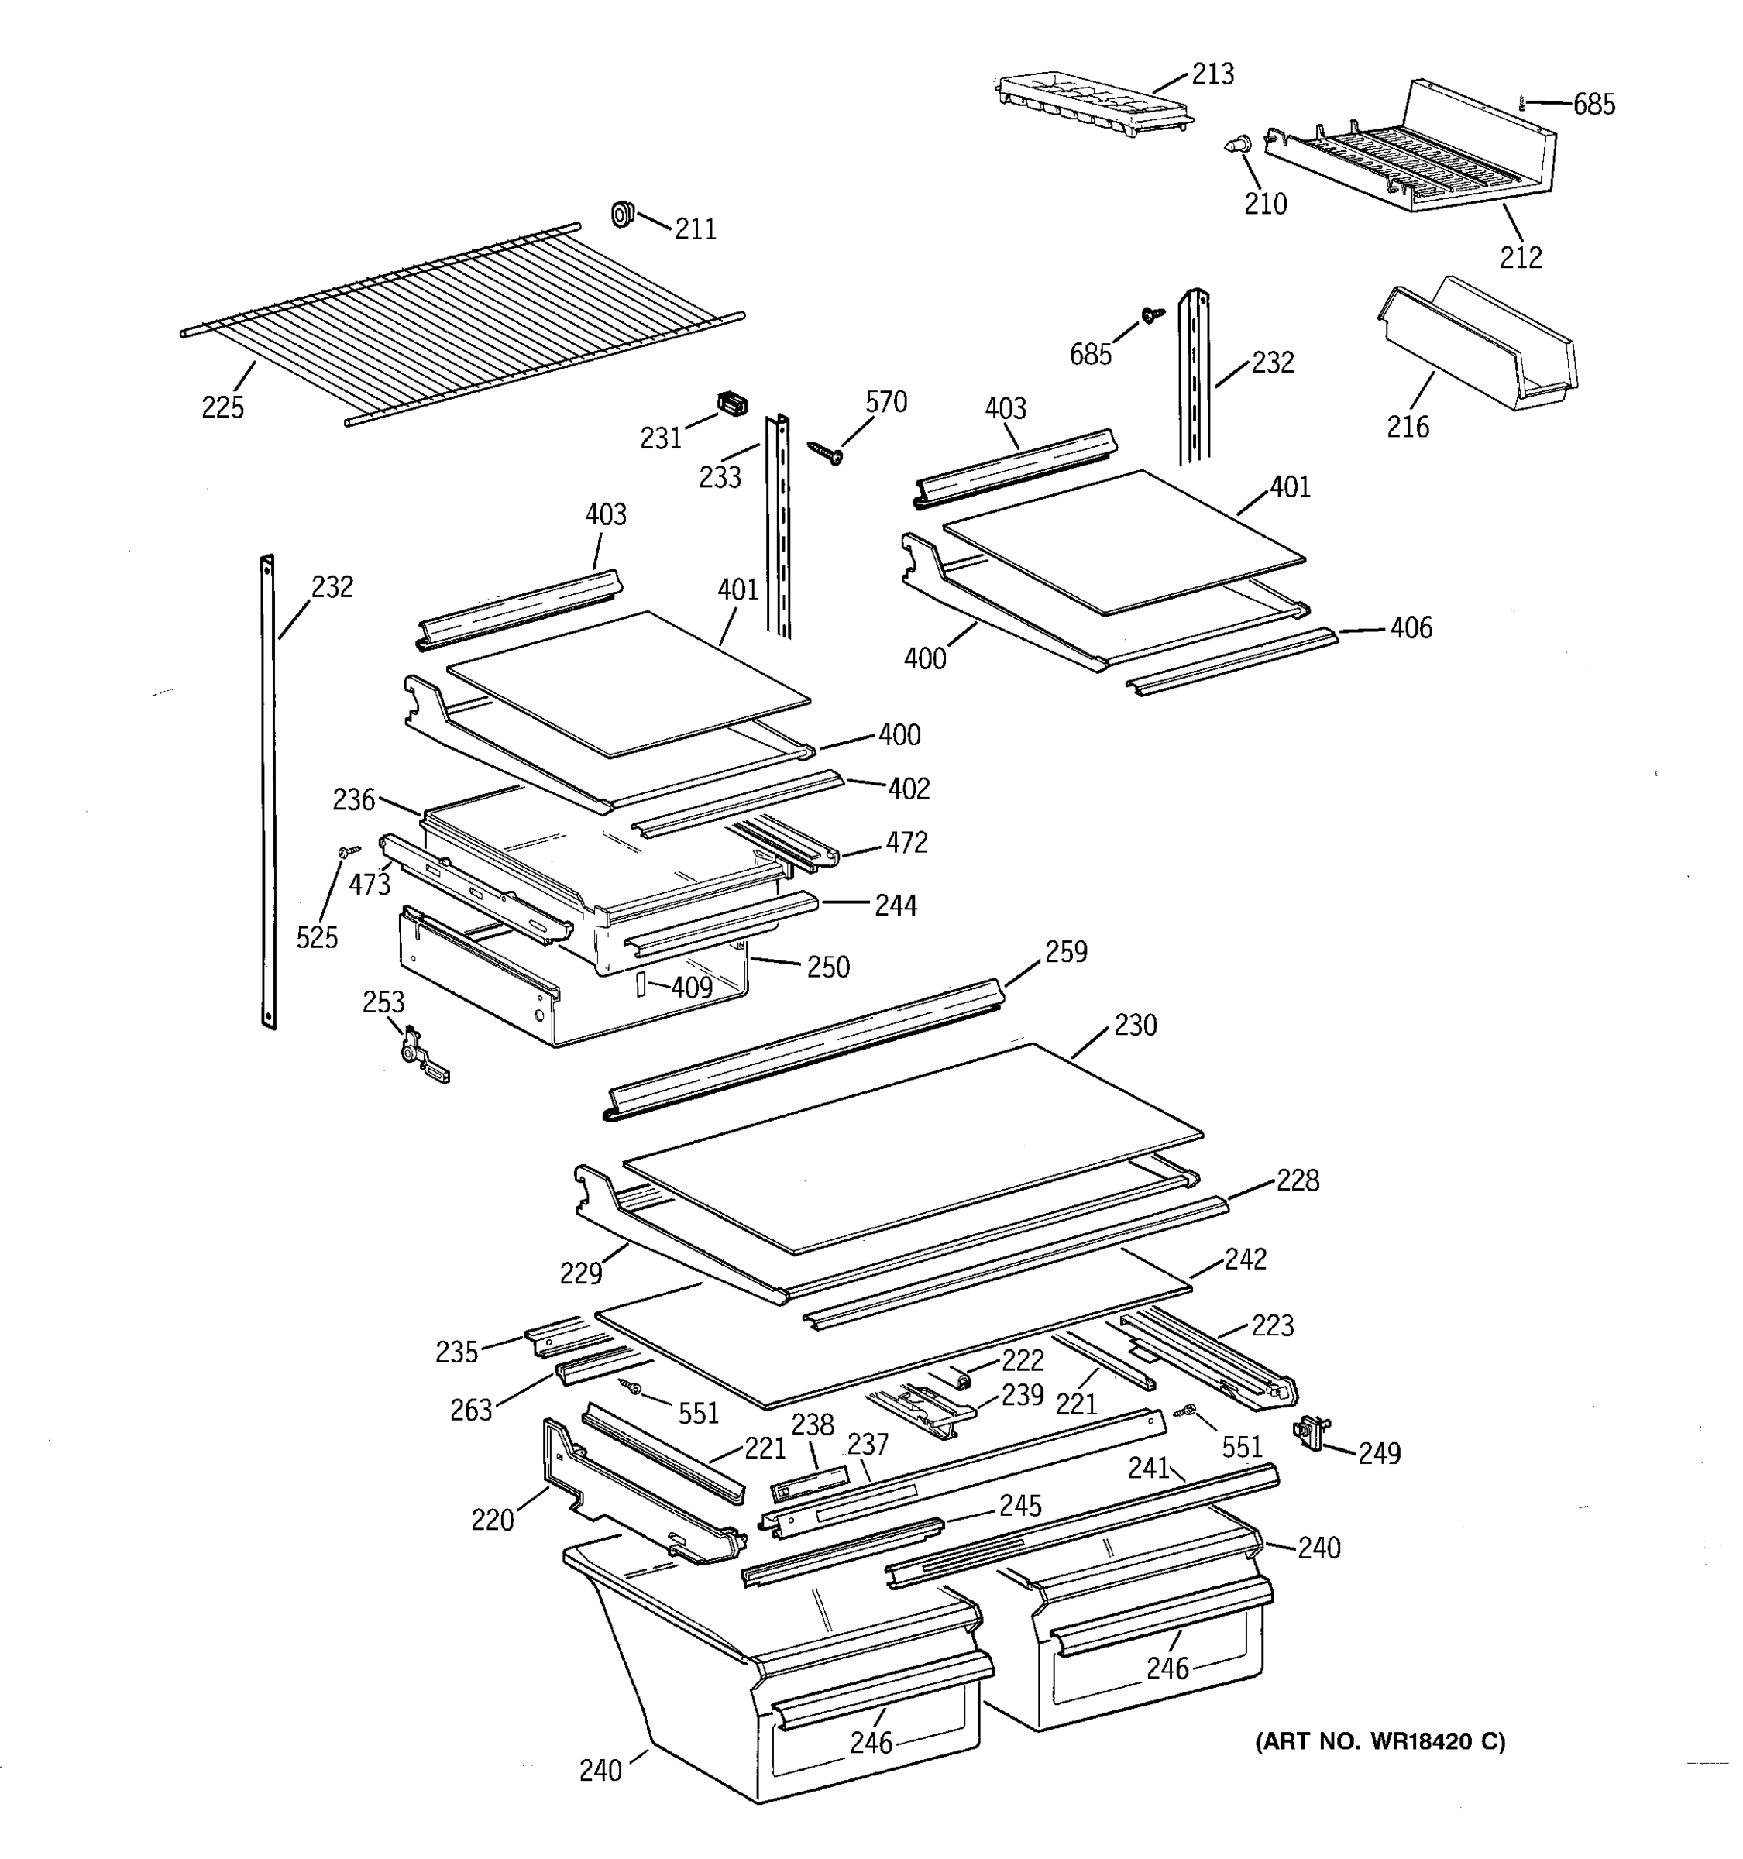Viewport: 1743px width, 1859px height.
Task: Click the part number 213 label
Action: point(1213,74)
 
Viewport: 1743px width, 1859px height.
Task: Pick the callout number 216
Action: point(1408,427)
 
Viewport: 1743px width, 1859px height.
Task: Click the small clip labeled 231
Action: point(733,405)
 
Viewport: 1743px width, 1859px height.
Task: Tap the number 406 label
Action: point(1410,627)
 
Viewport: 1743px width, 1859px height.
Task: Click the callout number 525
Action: point(317,937)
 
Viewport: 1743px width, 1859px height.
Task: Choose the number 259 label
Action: point(1066,951)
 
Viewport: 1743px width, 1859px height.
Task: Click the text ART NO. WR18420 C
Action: point(1379,1741)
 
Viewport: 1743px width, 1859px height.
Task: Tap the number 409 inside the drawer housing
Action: point(691,987)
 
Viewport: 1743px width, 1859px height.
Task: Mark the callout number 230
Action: point(1135,1025)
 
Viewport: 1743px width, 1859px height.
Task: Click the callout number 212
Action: point(1521,257)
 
